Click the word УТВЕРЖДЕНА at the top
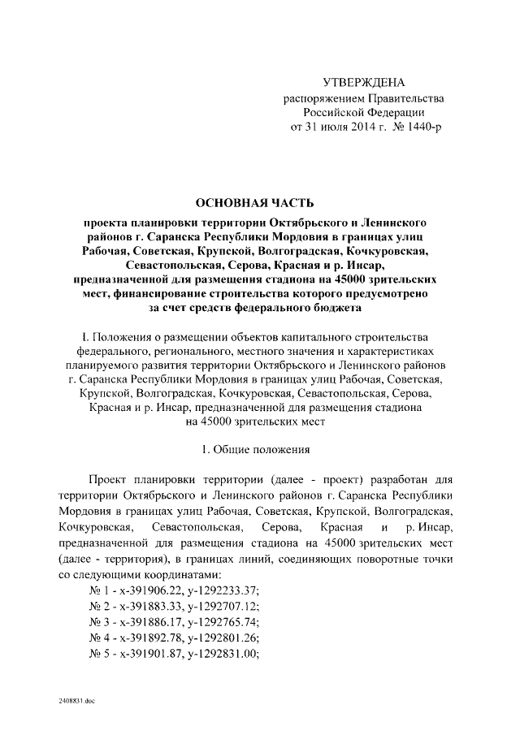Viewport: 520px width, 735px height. tap(363, 83)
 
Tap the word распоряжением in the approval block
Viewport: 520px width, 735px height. tap(322, 98)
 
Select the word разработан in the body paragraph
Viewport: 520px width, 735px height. tap(398, 480)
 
